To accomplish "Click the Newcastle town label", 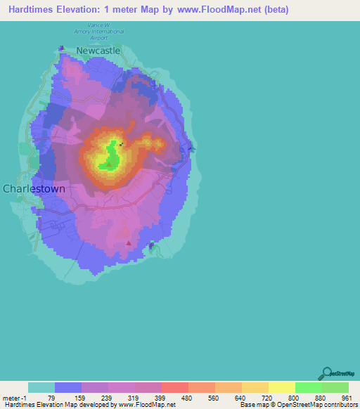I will pos(98,51).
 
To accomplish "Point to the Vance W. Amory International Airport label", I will pos(100,32).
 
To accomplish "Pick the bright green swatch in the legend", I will pos(308,387).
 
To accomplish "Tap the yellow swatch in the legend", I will pos(281,387).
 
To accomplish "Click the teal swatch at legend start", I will pos(41,387).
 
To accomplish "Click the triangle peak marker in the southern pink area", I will pos(128,243).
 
